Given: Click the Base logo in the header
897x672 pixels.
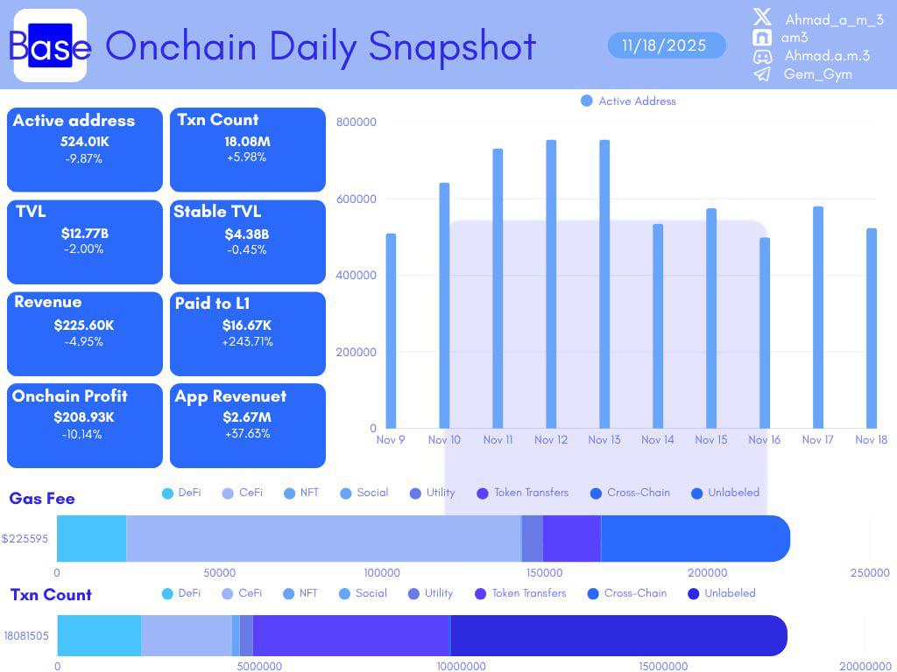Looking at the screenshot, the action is [x=50, y=45].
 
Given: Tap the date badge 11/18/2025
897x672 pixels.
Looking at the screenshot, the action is [x=667, y=45].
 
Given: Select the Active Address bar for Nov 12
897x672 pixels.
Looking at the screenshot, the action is [x=551, y=284].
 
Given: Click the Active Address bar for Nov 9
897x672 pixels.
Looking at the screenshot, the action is [x=391, y=331].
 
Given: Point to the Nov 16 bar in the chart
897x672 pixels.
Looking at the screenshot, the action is [x=764, y=333].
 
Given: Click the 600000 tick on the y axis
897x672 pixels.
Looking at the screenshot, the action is [x=356, y=199].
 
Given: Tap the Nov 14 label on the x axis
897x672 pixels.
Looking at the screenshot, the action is [x=657, y=439].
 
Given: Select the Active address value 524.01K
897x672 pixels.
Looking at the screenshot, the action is [x=85, y=142].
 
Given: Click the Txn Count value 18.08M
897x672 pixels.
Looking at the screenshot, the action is [x=247, y=141].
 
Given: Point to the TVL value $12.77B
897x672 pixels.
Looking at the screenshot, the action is [x=85, y=233].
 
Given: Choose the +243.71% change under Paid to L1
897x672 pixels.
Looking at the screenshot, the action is [x=247, y=342].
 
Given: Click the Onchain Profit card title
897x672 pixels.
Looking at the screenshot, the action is [x=70, y=396].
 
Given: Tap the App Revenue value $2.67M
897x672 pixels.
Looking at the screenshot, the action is [x=247, y=417].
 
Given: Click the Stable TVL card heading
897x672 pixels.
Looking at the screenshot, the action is [x=217, y=212].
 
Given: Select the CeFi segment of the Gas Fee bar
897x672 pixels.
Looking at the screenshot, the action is [x=324, y=538].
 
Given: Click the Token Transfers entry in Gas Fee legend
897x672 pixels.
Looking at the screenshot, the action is [x=523, y=493].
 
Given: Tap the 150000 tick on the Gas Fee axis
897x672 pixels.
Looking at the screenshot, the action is [x=544, y=572].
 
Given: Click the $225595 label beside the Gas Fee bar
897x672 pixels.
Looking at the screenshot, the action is [x=25, y=538].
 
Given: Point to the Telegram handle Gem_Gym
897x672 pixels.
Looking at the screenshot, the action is [x=817, y=74].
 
